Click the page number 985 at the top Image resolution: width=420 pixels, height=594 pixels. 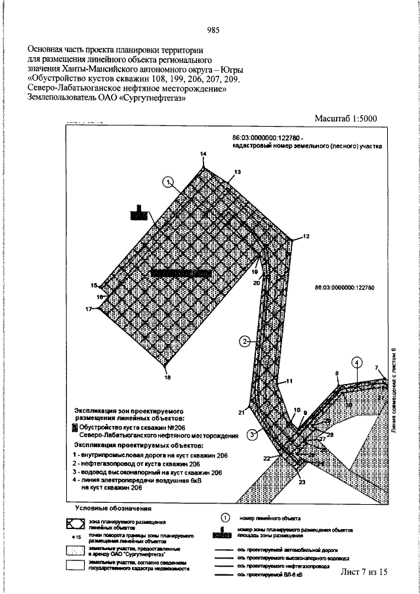(x=212, y=30)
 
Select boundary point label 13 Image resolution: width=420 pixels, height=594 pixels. (x=237, y=172)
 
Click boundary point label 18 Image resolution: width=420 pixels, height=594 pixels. (x=167, y=378)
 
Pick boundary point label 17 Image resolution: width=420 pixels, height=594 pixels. (x=88, y=308)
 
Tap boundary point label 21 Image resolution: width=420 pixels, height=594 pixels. (x=241, y=412)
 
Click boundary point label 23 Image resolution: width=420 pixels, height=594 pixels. (x=302, y=483)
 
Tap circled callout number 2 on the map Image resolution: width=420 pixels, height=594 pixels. (x=244, y=341)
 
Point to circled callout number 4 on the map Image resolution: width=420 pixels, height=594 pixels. (x=356, y=362)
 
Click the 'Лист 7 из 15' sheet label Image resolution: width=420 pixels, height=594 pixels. (x=364, y=572)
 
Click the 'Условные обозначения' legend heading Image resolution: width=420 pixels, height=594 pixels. (x=113, y=508)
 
